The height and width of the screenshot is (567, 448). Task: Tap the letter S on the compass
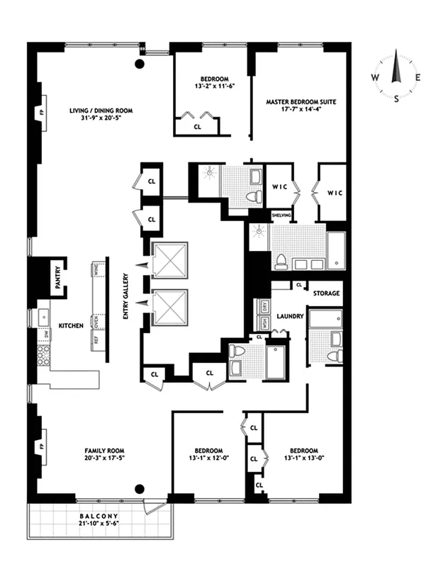point(396,99)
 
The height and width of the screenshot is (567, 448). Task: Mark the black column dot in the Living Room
point(140,64)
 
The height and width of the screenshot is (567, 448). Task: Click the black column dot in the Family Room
point(140,488)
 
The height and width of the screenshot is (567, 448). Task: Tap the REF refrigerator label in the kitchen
point(94,339)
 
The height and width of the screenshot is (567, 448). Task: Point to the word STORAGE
point(327,293)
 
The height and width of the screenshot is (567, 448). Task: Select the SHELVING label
point(281,215)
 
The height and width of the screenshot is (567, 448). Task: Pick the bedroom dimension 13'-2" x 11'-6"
point(213,86)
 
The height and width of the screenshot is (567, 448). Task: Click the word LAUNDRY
point(291,317)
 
